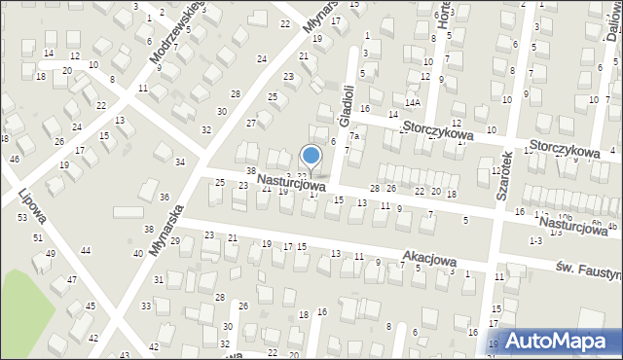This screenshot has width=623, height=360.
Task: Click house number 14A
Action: click(x=413, y=102)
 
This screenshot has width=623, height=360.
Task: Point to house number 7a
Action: click(x=355, y=136)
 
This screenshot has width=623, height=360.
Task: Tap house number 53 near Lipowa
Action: click(x=21, y=217)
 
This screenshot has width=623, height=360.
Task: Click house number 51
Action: click(x=38, y=237)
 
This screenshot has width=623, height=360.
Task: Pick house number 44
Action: click(x=86, y=251)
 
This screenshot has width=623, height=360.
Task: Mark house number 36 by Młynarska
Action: click(x=164, y=198)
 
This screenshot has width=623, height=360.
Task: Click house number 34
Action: click(x=179, y=162)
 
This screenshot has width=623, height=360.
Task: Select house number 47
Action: click(x=71, y=280)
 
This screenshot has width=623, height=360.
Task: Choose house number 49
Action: click(x=50, y=254)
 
